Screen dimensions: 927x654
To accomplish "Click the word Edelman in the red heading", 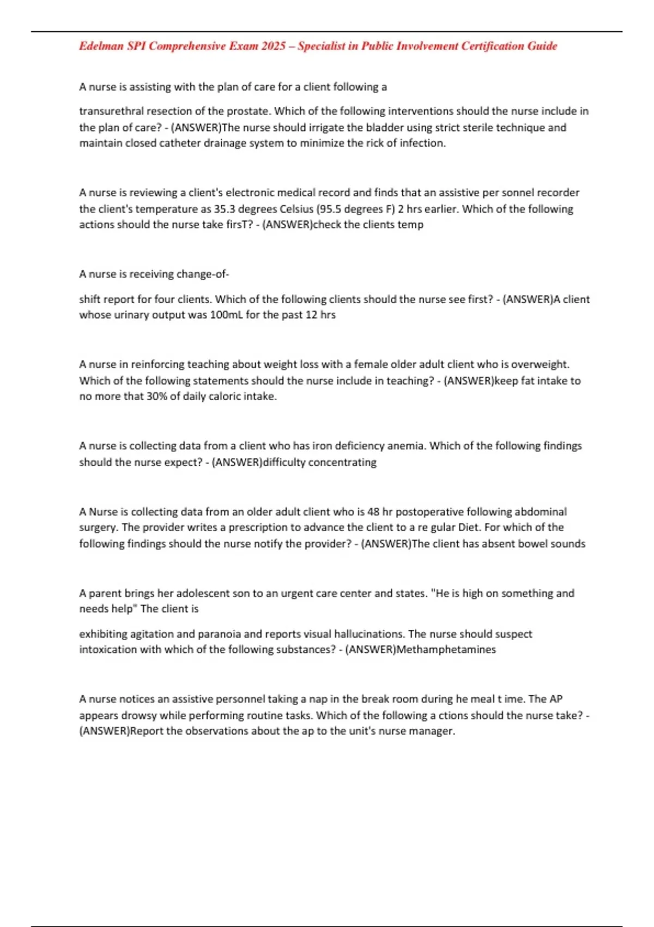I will (101, 46).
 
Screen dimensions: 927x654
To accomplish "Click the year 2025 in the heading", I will (273, 46).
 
